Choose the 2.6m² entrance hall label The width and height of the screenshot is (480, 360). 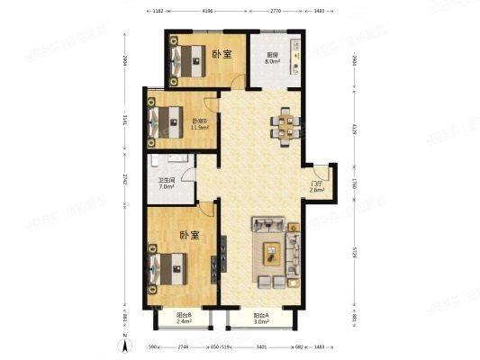click(x=317, y=186)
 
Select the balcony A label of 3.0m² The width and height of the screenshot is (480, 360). click(x=261, y=318)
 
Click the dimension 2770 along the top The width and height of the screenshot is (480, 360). click(x=276, y=11)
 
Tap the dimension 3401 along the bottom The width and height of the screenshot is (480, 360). click(x=260, y=346)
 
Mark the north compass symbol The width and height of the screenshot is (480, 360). click(x=123, y=346)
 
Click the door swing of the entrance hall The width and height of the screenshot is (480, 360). click(x=317, y=170)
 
